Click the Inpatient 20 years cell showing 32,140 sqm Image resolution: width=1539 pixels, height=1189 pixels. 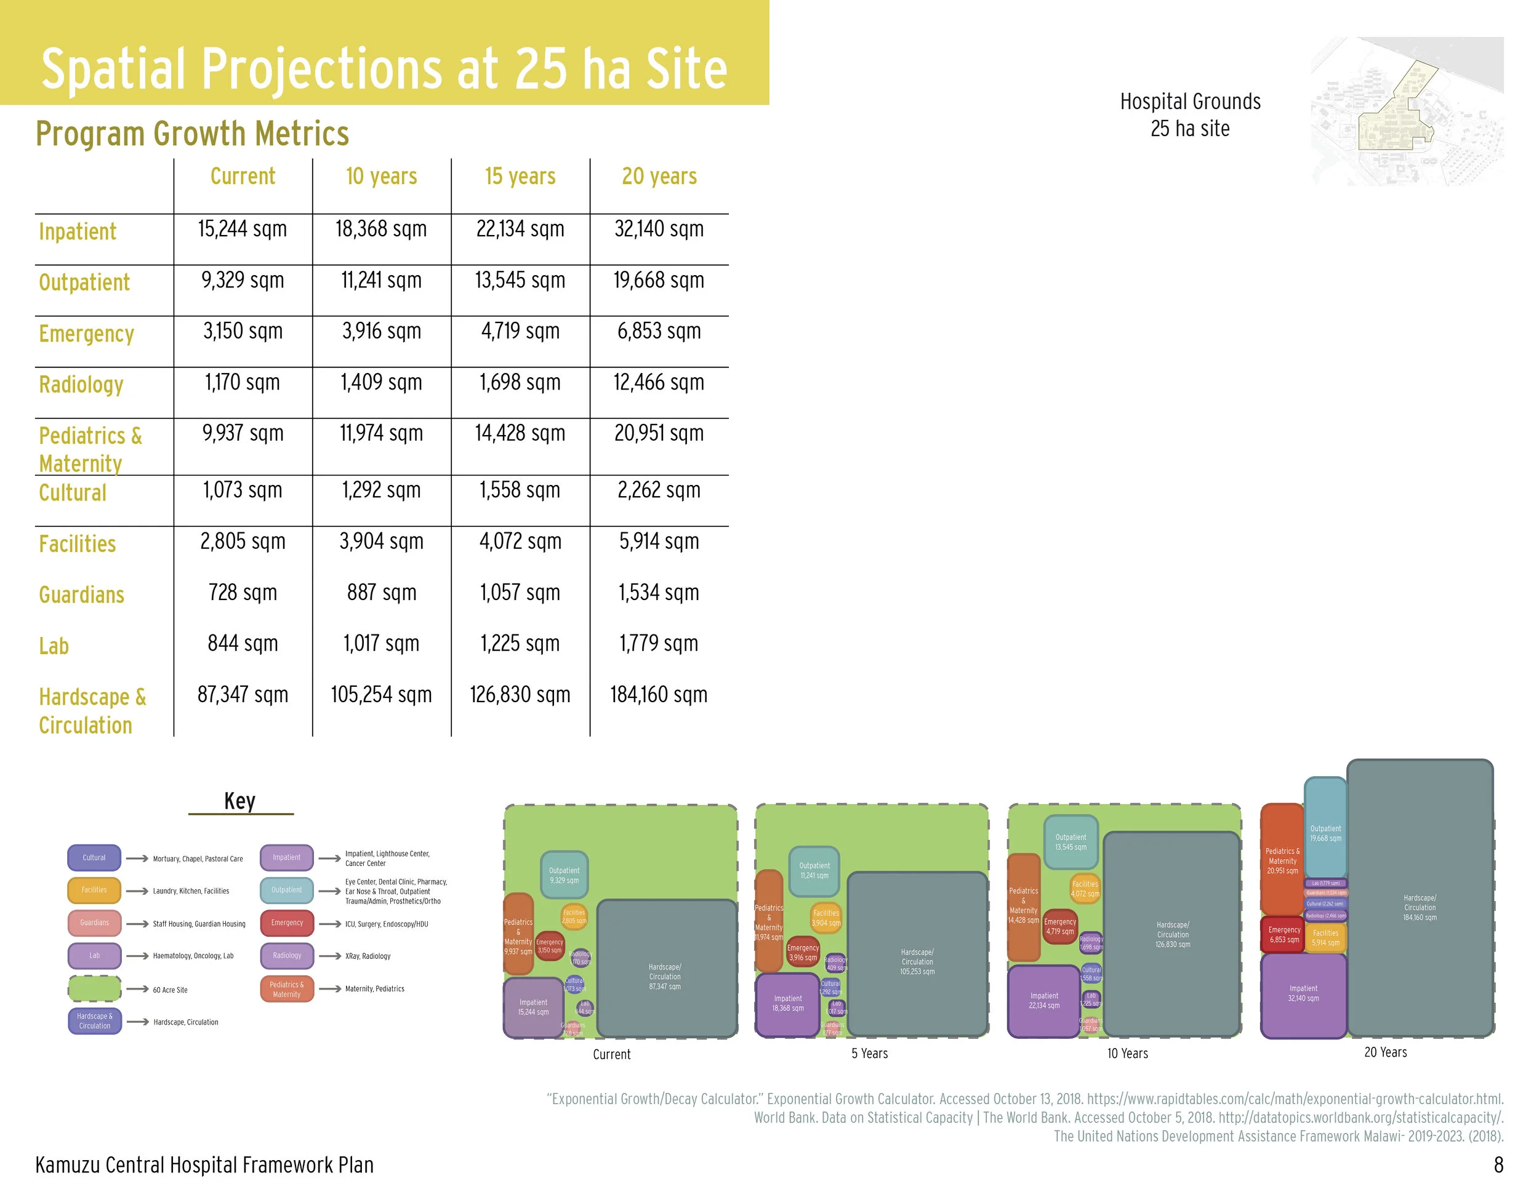[659, 229]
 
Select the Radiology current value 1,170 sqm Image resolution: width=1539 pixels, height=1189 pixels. [243, 382]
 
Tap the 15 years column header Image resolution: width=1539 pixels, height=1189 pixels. [520, 176]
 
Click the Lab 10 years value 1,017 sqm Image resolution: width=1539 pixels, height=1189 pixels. [381, 643]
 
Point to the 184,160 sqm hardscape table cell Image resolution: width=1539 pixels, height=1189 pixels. [659, 695]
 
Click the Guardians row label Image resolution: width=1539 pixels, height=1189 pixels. [81, 594]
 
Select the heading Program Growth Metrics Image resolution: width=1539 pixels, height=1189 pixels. [191, 133]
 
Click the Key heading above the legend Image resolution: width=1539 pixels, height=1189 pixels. [239, 801]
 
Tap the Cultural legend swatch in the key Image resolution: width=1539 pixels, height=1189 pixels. [94, 857]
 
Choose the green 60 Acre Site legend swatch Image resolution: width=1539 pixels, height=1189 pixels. [94, 988]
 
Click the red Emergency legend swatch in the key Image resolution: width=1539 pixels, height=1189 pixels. [287, 922]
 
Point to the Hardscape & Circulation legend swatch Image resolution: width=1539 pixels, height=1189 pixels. [94, 1020]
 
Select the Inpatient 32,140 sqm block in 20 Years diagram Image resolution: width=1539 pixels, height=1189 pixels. [1303, 994]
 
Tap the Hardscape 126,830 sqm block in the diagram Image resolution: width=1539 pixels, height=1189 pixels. [1172, 934]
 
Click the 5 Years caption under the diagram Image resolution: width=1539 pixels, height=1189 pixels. [870, 1054]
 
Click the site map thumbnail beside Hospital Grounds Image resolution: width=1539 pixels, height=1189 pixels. [1407, 111]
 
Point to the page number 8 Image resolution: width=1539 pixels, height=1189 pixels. [1498, 1164]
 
